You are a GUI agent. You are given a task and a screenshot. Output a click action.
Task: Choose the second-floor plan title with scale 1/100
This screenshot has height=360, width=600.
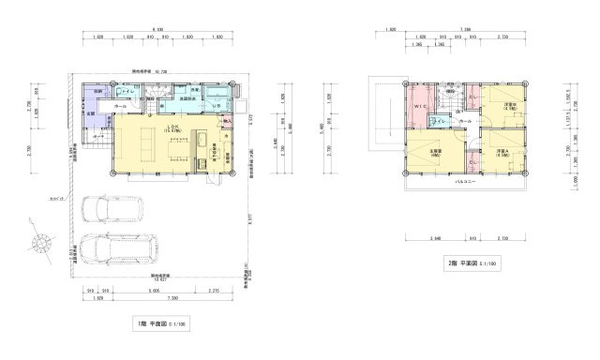pyautogui.click(x=471, y=265)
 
